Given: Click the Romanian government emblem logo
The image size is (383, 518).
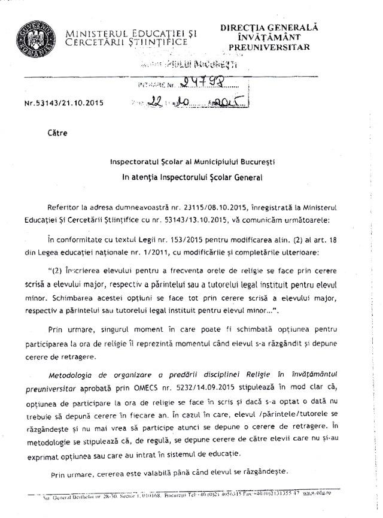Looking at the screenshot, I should (32, 35).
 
